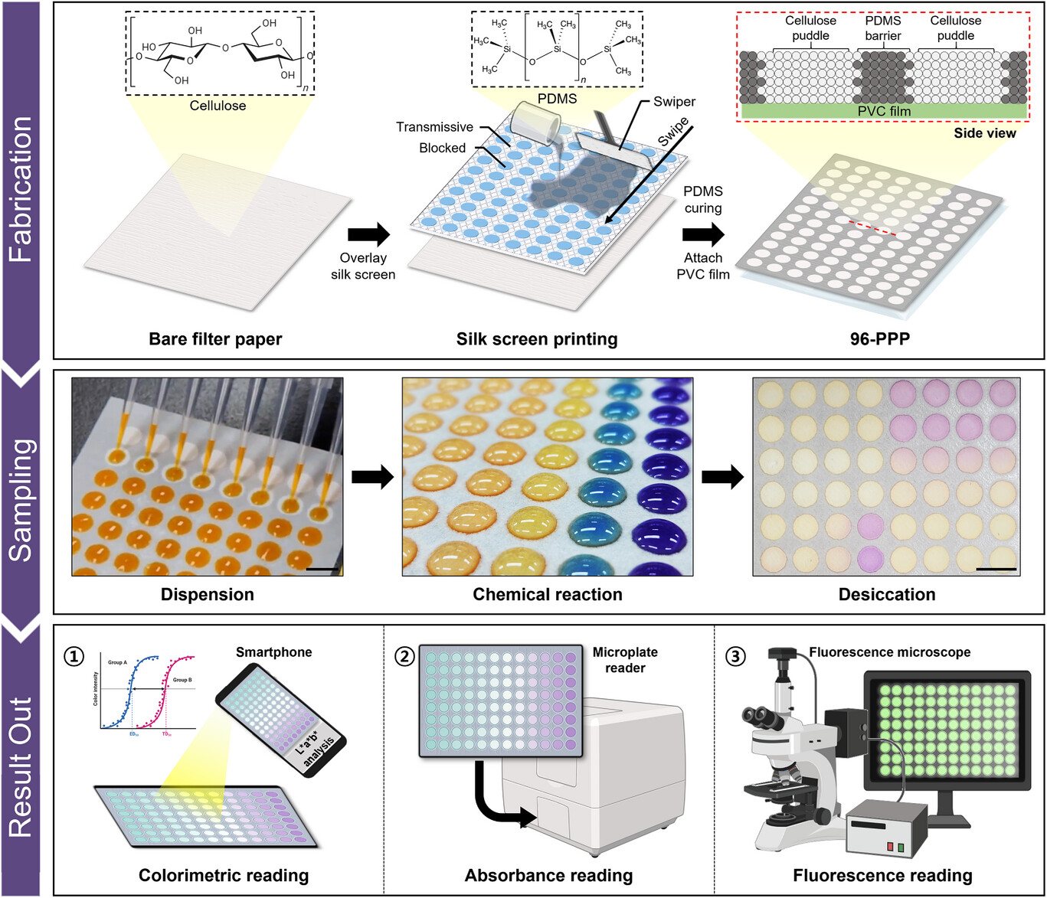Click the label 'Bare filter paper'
click(215, 339)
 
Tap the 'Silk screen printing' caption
click(536, 339)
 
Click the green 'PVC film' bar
click(883, 111)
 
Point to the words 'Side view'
click(984, 133)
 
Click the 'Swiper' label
click(674, 102)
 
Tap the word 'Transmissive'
click(434, 127)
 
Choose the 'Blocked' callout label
click(442, 148)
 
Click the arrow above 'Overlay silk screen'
click(368, 234)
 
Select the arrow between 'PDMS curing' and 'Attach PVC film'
click(703, 233)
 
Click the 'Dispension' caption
click(207, 595)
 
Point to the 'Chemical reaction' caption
click(547, 595)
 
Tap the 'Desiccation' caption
click(886, 595)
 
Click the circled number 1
click(74, 656)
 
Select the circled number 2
click(404, 656)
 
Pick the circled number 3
click(735, 656)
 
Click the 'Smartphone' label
click(273, 652)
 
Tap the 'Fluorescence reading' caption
click(882, 876)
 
